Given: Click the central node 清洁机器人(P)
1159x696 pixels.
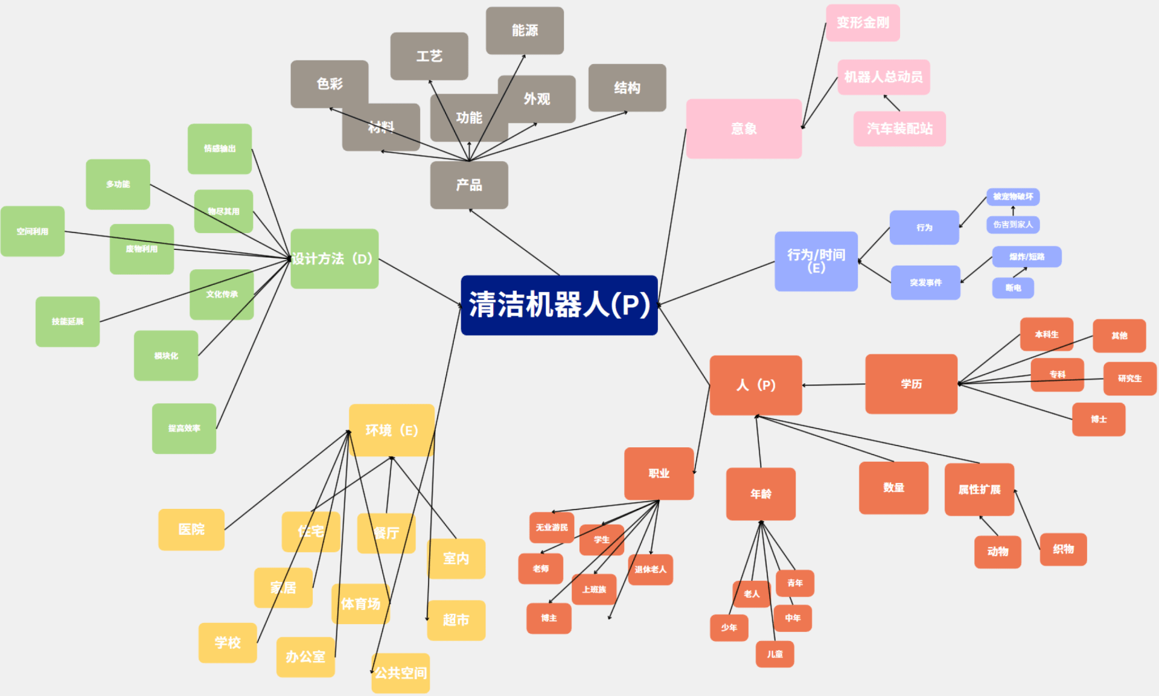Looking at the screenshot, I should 559,305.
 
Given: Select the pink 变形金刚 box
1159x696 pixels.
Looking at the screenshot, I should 863,23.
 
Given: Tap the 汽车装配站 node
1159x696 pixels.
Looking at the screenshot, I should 899,129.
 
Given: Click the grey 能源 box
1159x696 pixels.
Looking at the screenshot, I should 525,30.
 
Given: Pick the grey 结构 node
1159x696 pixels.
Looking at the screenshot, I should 627,88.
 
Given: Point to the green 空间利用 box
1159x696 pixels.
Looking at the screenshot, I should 33,231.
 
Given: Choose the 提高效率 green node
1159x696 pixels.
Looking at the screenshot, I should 184,428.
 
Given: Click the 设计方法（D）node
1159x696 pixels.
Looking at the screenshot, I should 334,258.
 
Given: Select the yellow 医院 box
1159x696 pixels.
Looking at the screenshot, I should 191,529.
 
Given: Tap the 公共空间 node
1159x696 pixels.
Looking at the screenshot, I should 401,672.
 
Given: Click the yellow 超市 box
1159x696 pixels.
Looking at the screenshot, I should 456,620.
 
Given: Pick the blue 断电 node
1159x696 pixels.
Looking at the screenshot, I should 1013,288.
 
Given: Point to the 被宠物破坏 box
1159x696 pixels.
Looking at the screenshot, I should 1013,197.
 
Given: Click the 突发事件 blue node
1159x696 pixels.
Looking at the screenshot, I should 925,283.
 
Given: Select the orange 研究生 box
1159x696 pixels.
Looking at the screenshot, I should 1129,378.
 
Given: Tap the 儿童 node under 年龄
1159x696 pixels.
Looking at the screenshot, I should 774,654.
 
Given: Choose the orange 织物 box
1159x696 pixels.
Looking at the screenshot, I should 1063,549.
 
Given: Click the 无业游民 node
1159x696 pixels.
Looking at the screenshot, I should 552,528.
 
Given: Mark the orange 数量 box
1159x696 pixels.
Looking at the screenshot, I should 893,488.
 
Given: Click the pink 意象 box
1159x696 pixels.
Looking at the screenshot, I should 744,129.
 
